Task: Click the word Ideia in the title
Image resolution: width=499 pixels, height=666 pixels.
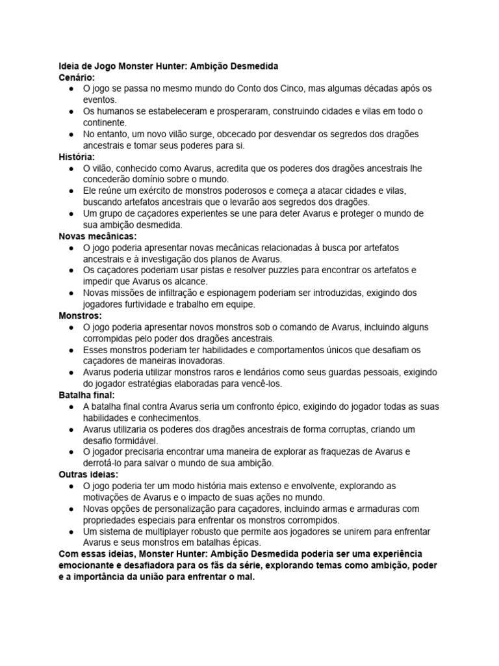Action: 69,66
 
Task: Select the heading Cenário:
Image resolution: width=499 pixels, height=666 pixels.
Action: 77,77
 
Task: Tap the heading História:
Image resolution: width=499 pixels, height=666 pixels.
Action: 77,157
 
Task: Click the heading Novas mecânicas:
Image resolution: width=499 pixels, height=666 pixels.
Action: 98,236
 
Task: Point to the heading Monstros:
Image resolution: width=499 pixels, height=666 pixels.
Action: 81,315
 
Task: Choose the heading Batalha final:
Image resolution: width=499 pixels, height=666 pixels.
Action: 87,395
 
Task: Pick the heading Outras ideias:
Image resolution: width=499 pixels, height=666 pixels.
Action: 86,474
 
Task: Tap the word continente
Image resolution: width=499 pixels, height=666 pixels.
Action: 105,122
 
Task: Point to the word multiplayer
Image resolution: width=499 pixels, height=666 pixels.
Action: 166,531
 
